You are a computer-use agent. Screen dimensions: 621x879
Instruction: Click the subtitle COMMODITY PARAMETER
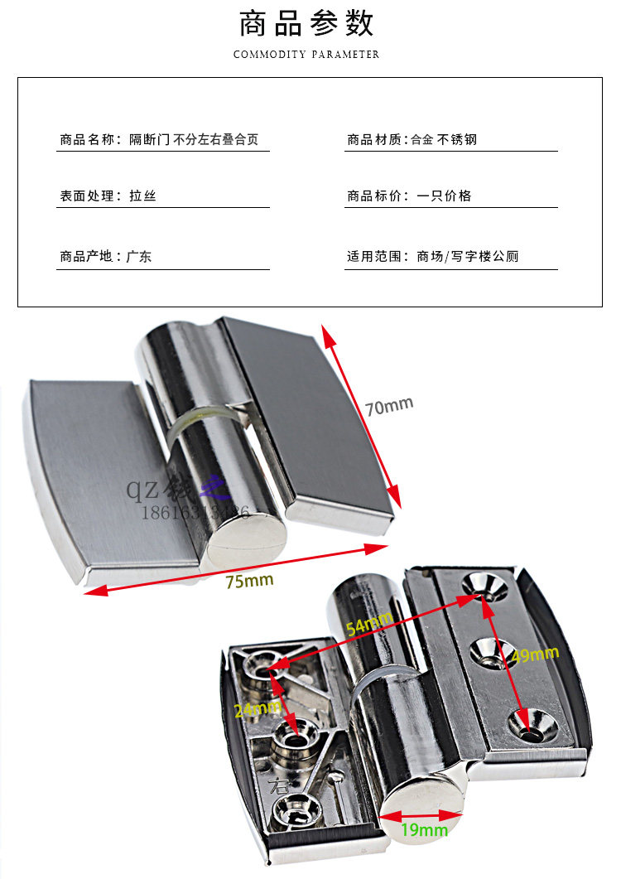306,55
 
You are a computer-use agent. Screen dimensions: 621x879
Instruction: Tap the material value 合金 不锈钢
444,139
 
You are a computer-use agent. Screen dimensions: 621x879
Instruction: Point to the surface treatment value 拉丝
142,196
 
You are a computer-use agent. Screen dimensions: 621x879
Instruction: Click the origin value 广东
139,257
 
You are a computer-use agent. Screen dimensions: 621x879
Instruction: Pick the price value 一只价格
444,196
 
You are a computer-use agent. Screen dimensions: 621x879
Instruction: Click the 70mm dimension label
388,407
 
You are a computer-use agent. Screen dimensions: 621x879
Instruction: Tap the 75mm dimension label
249,581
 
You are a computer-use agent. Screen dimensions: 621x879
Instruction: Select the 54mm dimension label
368,624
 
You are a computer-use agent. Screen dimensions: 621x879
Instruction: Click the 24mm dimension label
257,709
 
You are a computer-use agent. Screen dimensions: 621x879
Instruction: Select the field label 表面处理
87,196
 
